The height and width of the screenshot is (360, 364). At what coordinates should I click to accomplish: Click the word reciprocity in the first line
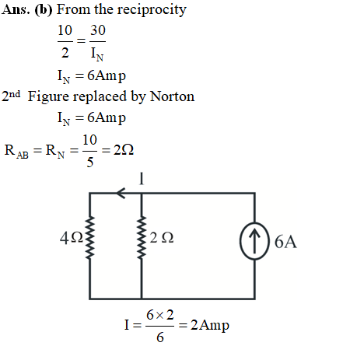pos(152,10)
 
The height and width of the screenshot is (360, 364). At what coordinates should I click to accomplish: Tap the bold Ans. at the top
pos(16,9)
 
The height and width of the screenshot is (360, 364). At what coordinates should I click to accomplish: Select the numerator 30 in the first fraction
pos(98,30)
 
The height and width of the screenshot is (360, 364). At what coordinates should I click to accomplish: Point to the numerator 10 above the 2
pos(65,30)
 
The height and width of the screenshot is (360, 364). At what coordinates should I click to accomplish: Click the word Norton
pos(172,96)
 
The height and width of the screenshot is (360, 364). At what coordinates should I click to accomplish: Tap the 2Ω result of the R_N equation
pos(124,150)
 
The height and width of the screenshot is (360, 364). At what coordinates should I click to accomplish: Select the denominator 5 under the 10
pos(89,163)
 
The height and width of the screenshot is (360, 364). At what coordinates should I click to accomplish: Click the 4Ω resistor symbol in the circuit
pos(89,238)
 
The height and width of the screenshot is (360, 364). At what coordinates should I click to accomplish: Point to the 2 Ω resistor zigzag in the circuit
pos(142,238)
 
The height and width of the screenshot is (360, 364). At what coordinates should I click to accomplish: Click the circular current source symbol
pos(254,241)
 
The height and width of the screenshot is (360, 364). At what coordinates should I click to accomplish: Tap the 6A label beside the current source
pos(285,242)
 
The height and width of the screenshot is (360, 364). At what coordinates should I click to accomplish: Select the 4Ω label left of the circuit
pos(72,238)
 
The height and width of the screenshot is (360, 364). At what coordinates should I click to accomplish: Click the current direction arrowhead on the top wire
pos(121,193)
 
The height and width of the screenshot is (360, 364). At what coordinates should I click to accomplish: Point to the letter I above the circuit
pos(142,179)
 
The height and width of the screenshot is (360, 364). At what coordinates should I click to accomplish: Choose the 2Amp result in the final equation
pos(210,326)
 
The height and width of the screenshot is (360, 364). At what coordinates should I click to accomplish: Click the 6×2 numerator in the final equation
pos(159,315)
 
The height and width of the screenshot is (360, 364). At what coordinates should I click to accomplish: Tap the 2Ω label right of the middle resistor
pos(162,238)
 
